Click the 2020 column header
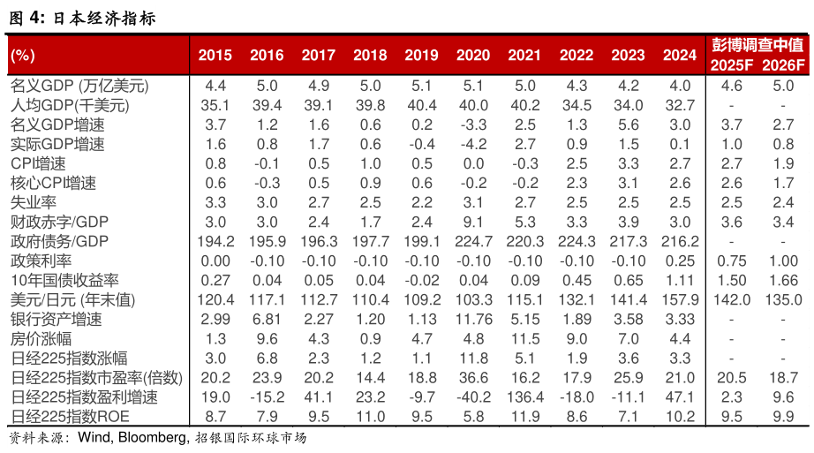[473, 55]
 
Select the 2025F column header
[731, 64]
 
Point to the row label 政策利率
[41, 260]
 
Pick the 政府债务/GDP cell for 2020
[473, 241]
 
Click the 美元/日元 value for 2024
[680, 299]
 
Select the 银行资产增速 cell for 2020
[473, 319]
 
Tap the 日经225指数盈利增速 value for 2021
[524, 396]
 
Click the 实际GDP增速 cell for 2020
[473, 144]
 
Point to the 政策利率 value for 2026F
[783, 260]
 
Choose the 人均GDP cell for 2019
[421, 105]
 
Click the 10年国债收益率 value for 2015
[215, 280]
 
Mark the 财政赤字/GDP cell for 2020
[473, 222]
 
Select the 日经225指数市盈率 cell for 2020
[473, 377]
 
